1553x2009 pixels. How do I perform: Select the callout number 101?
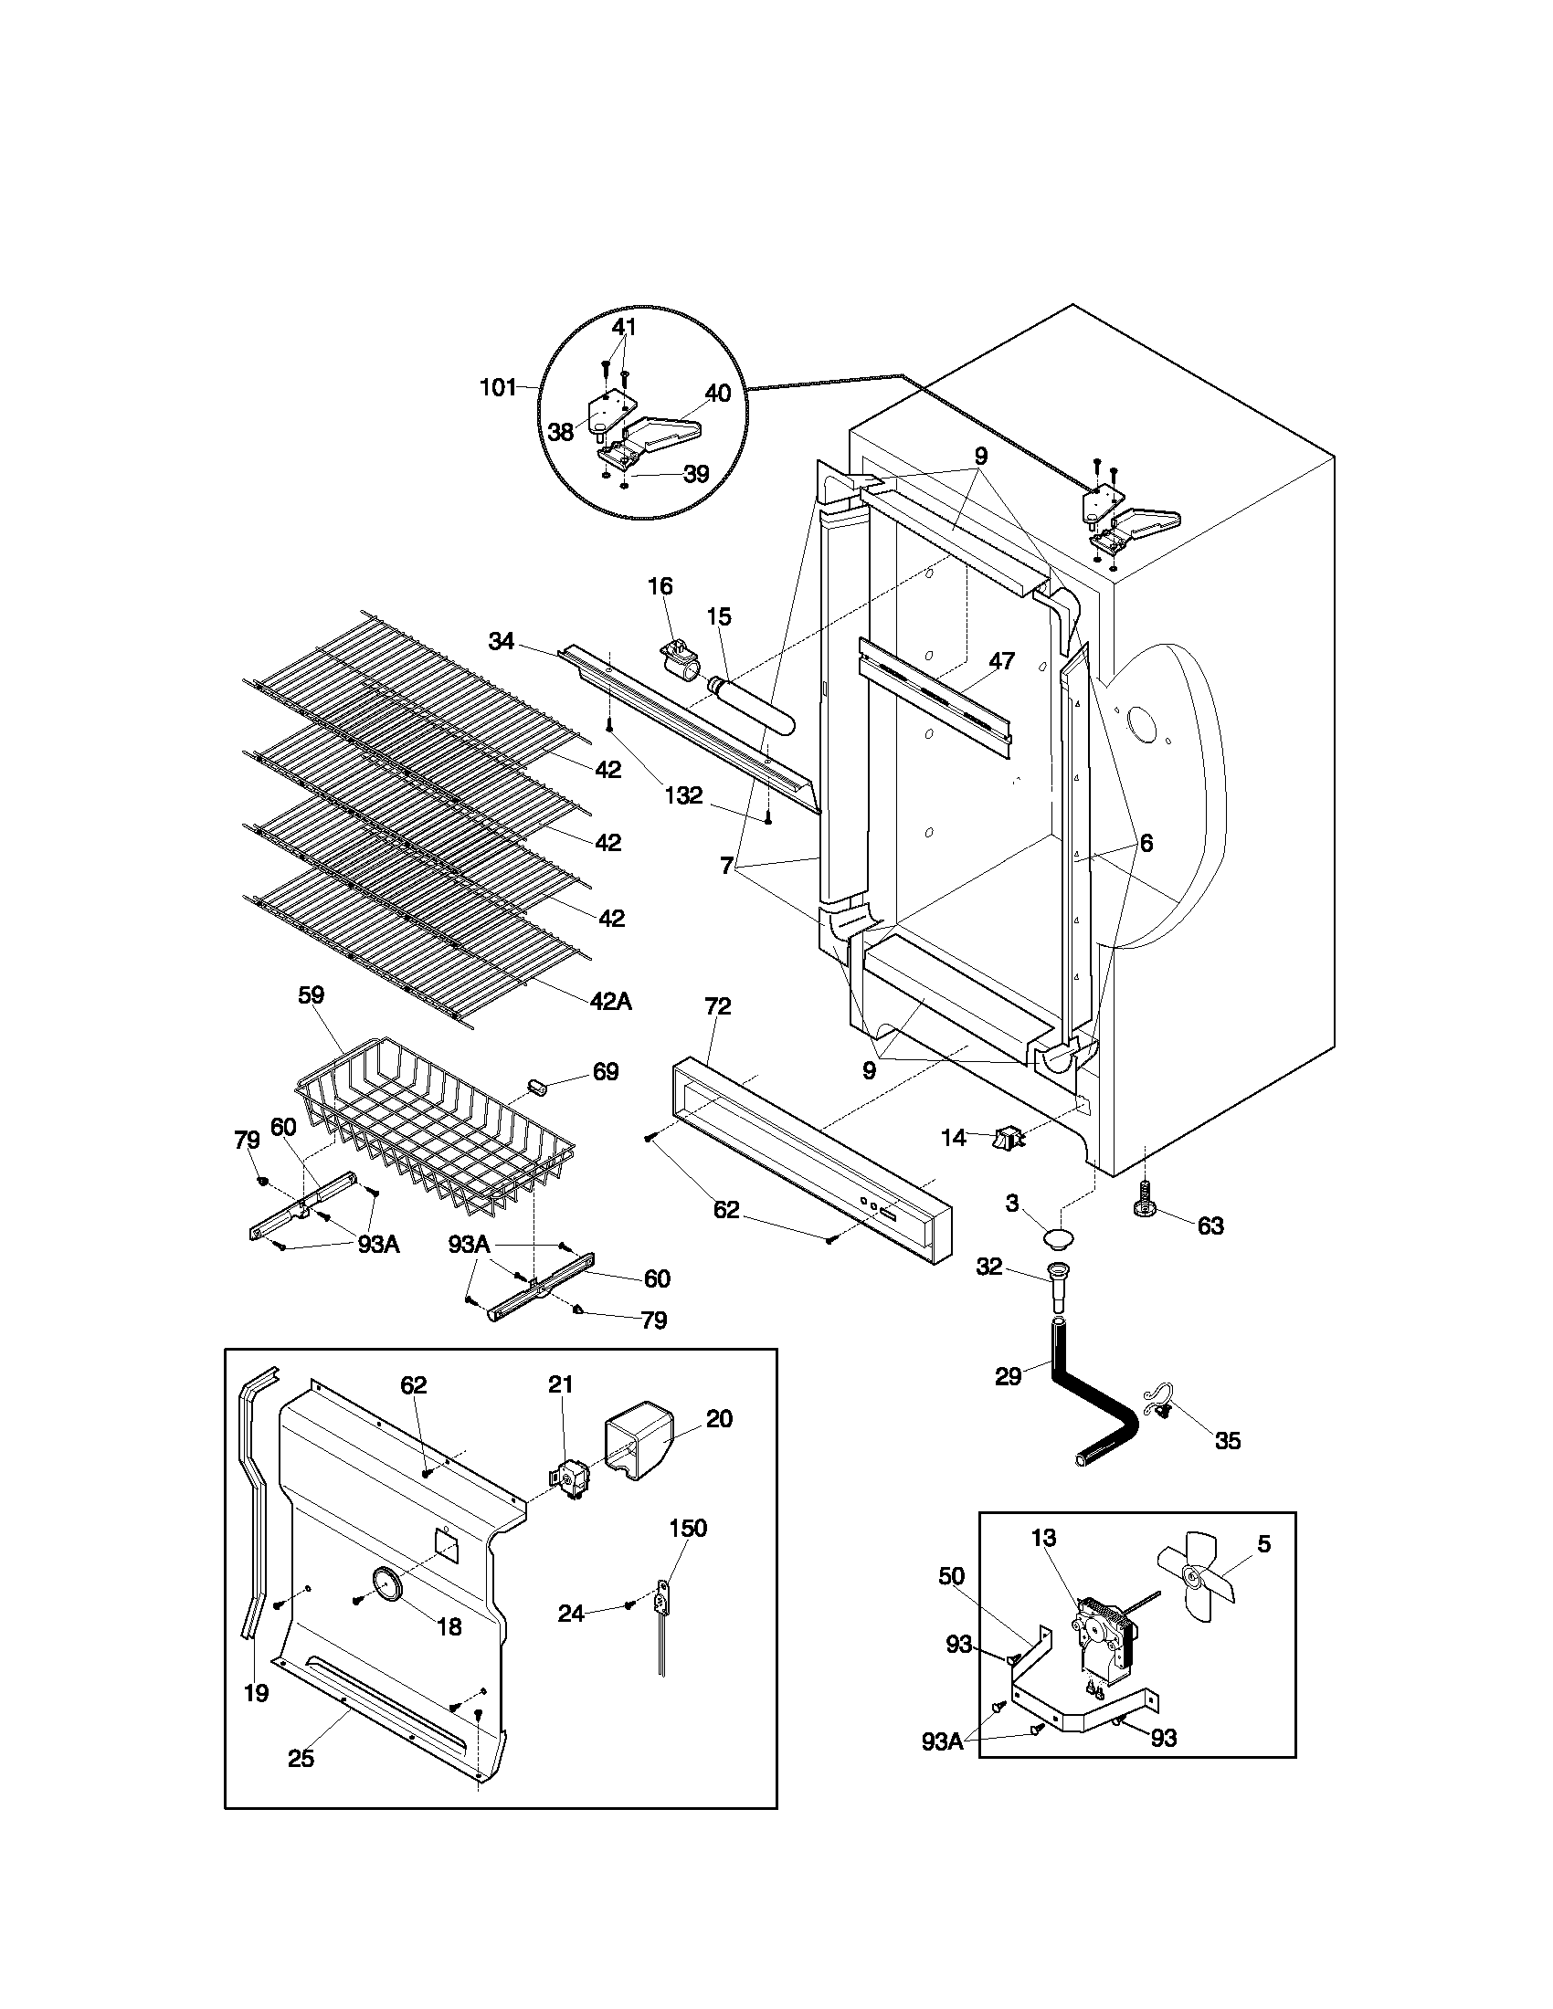499,387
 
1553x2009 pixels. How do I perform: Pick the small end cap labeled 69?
538,1088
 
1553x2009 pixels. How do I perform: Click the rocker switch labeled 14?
1006,1140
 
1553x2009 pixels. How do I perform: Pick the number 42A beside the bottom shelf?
610,1002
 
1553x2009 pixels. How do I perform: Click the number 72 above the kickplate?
718,1006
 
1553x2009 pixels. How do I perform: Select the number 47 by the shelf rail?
1001,659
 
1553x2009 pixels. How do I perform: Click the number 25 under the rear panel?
301,1758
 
